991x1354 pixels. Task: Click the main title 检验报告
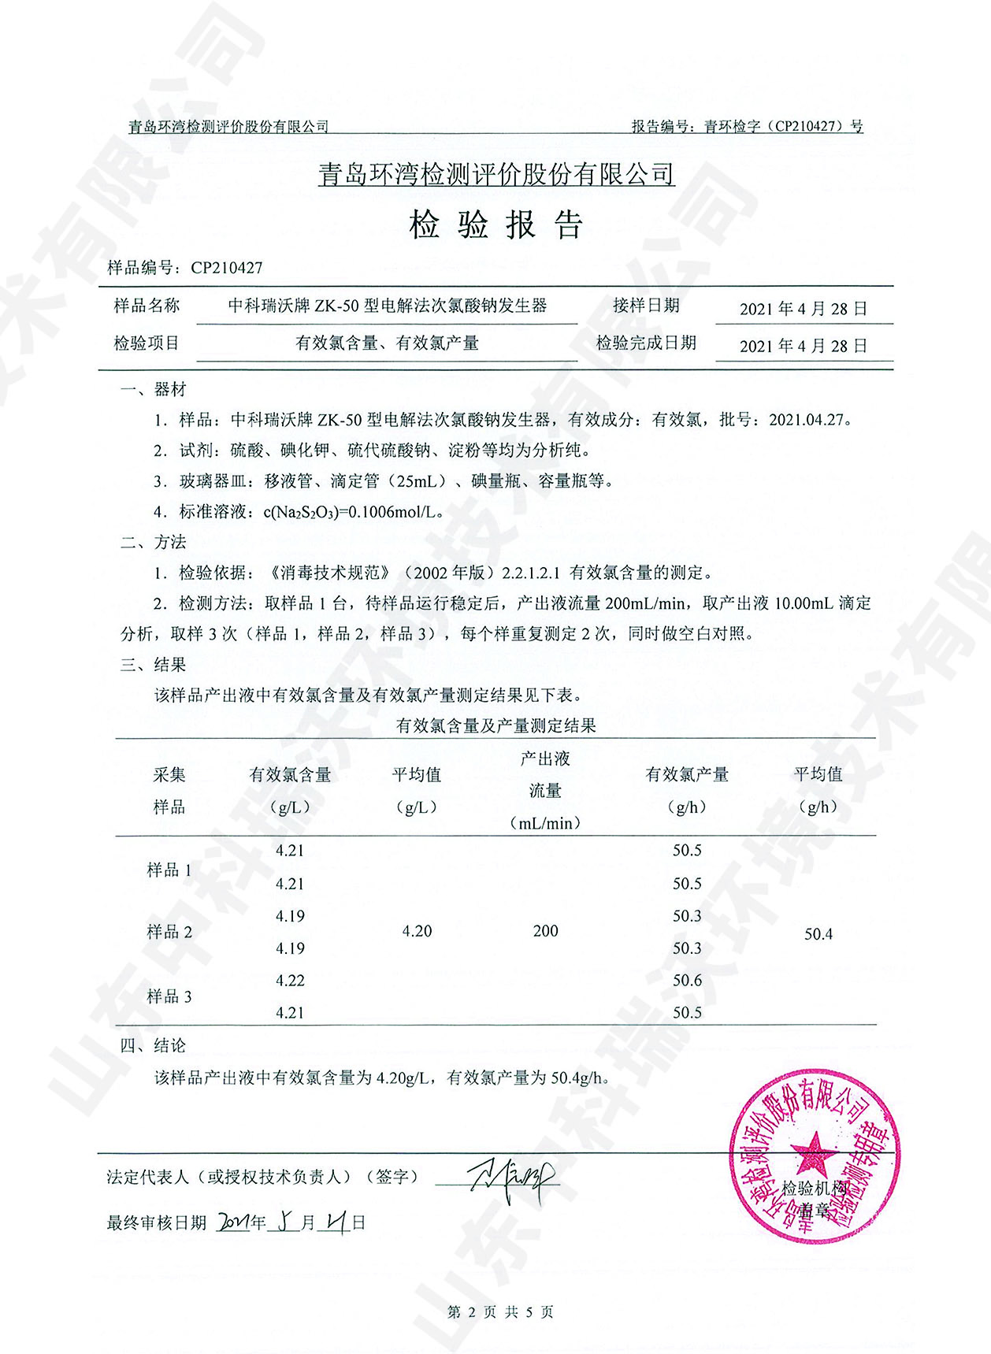[496, 225]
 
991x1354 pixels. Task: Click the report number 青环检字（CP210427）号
[783, 126]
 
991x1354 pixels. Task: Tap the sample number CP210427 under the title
[227, 268]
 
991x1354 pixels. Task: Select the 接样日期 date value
[804, 309]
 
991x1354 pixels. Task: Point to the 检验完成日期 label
[646, 343]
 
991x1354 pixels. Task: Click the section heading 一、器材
[153, 389]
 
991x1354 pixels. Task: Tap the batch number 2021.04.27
[810, 420]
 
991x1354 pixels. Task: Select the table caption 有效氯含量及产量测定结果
[496, 725]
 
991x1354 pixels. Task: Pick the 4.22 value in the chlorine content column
[290, 981]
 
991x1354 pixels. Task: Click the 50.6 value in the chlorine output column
[687, 981]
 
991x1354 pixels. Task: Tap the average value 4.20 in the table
[417, 931]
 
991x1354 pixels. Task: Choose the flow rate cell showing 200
[545, 931]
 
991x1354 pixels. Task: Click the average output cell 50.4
[818, 934]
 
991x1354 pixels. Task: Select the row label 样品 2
[169, 933]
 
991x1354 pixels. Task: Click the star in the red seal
[815, 1156]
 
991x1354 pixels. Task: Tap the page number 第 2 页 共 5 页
[499, 1312]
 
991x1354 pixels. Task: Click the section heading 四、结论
[153, 1046]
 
